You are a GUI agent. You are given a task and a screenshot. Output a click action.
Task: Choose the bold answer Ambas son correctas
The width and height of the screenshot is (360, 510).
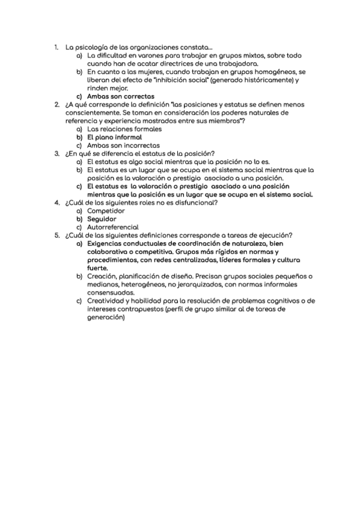point(120,96)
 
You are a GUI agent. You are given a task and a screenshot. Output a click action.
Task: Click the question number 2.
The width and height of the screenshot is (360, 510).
point(56,104)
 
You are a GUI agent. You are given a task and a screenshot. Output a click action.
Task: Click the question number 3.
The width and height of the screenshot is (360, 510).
point(56,153)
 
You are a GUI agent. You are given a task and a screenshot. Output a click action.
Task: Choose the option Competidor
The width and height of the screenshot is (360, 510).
point(106,210)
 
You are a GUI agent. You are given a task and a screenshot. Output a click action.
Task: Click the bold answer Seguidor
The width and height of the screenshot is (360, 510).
point(102,219)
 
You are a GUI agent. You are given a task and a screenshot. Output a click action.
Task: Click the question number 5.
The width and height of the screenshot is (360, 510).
point(56,235)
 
